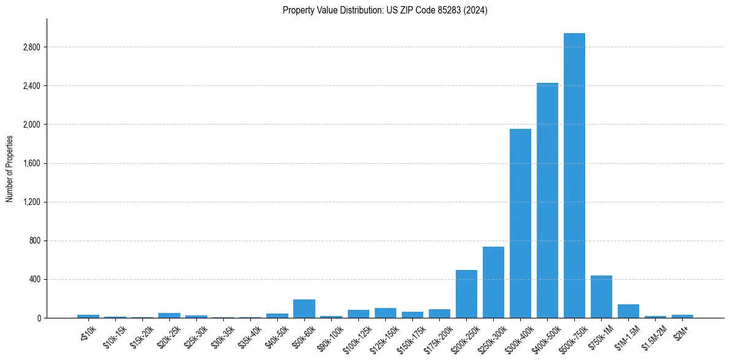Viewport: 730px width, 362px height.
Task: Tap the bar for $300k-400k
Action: coord(520,223)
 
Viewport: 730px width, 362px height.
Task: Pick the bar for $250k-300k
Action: coord(493,282)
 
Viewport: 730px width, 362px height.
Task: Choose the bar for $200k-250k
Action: coord(466,294)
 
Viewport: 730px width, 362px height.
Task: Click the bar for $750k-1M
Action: coord(601,297)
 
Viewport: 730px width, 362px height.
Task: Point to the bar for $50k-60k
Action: coord(304,309)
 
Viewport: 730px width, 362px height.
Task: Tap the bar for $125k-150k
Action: coord(385,313)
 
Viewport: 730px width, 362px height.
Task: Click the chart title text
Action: coord(385,10)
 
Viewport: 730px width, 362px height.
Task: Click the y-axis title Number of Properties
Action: coord(10,168)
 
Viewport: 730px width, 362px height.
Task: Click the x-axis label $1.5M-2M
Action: coord(655,337)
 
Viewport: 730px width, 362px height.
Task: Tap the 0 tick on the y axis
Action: coord(39,318)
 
